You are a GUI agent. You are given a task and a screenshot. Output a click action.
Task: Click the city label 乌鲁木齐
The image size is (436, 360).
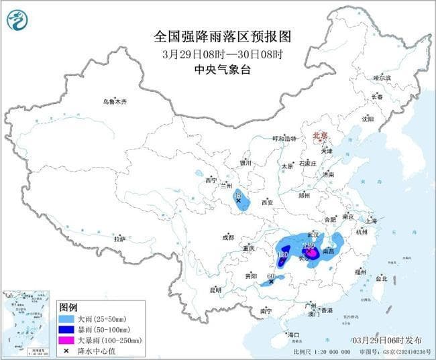pyautogui.click(x=114, y=102)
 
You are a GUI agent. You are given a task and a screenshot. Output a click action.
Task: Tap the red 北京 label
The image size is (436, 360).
pyautogui.click(x=320, y=135)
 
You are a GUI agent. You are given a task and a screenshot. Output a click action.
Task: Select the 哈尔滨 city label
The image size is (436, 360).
pyautogui.click(x=382, y=78)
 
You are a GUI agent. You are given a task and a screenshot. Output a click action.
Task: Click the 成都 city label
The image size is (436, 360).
pyautogui.click(x=227, y=237)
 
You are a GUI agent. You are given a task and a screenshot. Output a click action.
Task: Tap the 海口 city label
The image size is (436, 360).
pyautogui.click(x=292, y=334)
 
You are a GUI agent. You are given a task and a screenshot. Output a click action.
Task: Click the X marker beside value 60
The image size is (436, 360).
pyautogui.click(x=271, y=282)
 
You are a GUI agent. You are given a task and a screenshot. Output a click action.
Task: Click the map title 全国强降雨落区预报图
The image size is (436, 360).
pyautogui.click(x=217, y=36)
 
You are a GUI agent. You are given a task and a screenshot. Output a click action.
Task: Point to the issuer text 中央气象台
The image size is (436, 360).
pyautogui.click(x=217, y=69)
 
